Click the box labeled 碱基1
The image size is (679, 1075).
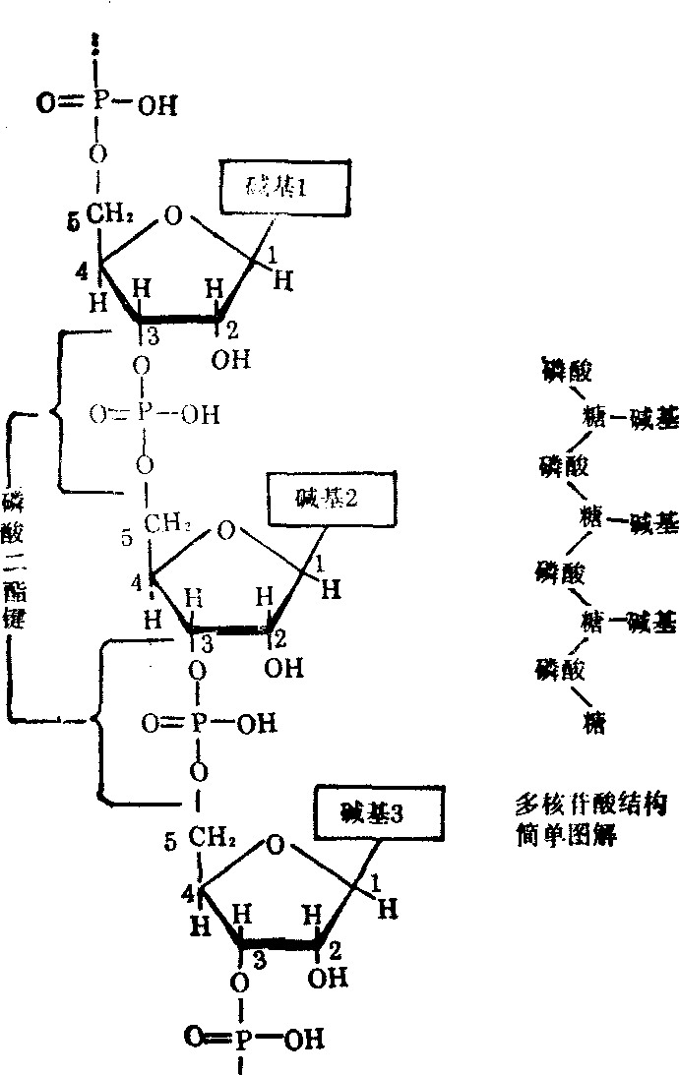pyautogui.click(x=283, y=187)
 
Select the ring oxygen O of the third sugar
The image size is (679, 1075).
pyautogui.click(x=278, y=844)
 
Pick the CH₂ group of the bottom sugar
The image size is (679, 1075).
pyautogui.click(x=212, y=838)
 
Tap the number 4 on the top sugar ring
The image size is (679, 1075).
pyautogui.click(x=84, y=267)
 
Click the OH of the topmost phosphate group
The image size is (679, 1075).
pyautogui.click(x=157, y=104)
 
